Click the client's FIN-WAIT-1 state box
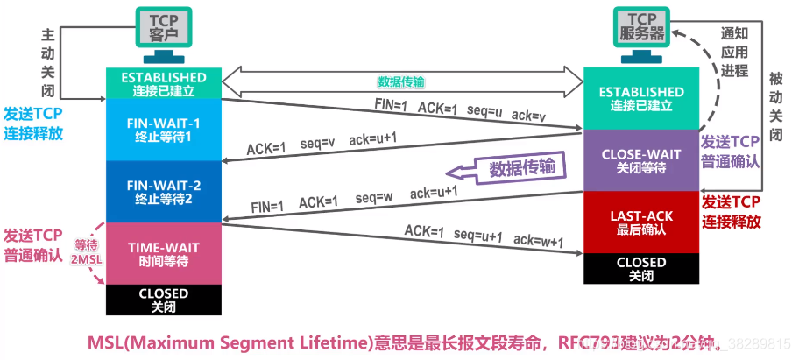point(162,130)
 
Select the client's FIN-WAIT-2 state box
point(162,190)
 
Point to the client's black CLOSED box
point(162,300)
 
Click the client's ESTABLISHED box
point(162,83)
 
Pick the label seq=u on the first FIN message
point(475,109)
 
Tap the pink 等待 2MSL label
point(86,253)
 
